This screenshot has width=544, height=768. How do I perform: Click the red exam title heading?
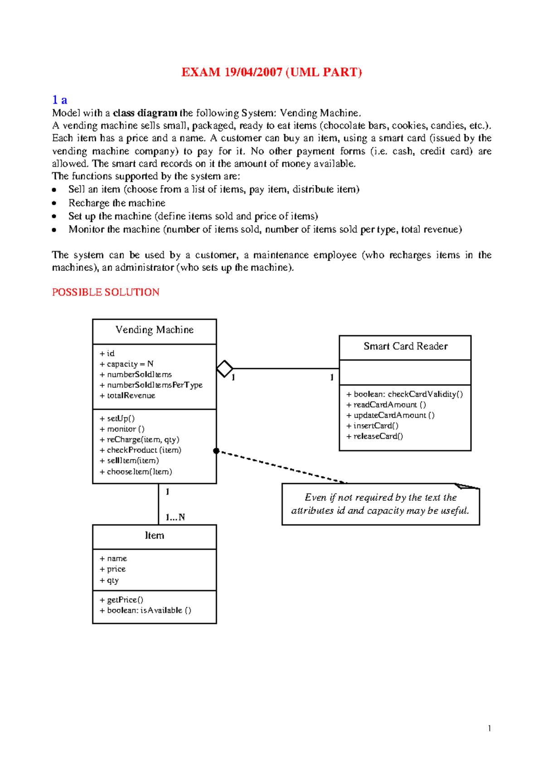coord(272,72)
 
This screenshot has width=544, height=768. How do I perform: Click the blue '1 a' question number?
coord(59,100)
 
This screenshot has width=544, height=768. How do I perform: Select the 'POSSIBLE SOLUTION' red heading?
coord(106,293)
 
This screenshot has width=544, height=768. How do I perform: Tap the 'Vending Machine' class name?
coord(154,330)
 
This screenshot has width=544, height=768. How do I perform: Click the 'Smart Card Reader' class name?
coord(405,346)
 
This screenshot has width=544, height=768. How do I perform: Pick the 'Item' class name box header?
coord(154,536)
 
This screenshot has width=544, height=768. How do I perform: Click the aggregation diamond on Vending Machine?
coord(224,369)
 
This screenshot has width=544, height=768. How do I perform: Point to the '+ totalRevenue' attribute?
coord(127,396)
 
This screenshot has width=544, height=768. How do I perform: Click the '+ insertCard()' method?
coord(372,426)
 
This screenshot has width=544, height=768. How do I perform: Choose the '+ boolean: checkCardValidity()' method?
coord(404,394)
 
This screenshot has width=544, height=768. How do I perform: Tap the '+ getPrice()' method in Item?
coord(121,600)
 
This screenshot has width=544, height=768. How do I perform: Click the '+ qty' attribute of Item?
coord(109,581)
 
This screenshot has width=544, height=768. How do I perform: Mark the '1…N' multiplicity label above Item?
coord(175,517)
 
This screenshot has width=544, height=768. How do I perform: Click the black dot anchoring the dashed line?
coord(216,451)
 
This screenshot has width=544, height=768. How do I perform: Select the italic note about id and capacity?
coord(380,504)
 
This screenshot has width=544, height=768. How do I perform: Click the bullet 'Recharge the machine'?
coord(117,203)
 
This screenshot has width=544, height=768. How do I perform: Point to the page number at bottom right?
coord(490,729)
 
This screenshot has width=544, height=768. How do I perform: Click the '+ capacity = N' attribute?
coord(126,364)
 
